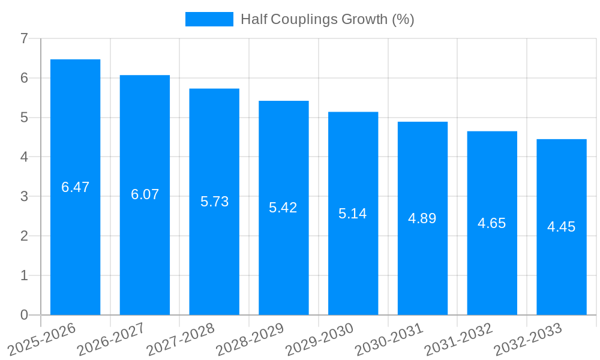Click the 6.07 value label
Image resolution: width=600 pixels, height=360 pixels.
tap(145, 194)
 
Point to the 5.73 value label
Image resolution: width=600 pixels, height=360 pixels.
tap(214, 202)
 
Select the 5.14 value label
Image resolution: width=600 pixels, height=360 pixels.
tap(353, 214)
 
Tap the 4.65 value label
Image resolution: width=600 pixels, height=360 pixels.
tap(492, 223)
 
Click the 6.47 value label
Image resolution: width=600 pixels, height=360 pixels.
tap(75, 187)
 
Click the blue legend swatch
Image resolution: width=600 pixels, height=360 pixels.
tap(209, 19)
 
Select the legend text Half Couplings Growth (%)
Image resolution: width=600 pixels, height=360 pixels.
tap(327, 19)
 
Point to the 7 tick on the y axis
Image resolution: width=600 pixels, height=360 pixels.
tap(24, 38)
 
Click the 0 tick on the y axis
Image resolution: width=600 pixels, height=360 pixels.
tap(24, 315)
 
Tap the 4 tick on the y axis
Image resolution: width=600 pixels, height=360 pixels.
tap(24, 157)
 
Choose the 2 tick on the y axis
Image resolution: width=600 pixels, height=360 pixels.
tap(24, 236)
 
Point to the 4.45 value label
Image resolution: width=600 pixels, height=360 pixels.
tap(561, 227)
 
